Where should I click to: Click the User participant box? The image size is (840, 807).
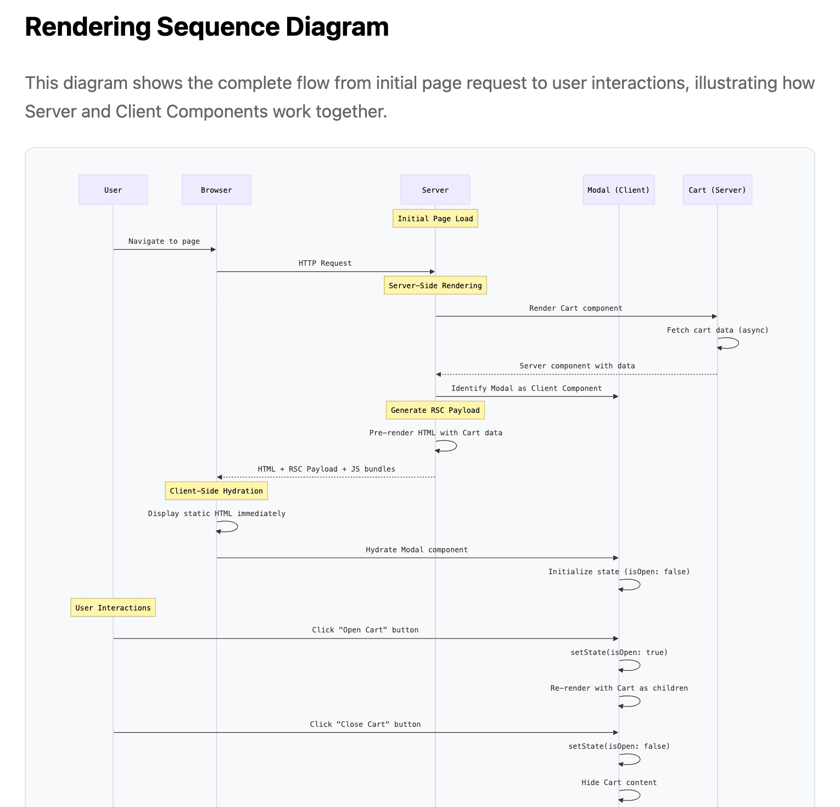[x=113, y=190]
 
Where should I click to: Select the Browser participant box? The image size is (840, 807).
[x=216, y=190]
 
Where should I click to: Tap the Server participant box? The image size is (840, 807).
[x=435, y=190]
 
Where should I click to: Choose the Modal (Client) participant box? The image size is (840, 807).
[x=619, y=190]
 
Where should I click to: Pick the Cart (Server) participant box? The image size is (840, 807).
[x=718, y=190]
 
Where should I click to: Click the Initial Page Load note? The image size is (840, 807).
[x=435, y=218]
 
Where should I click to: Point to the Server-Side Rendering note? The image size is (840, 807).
[x=435, y=285]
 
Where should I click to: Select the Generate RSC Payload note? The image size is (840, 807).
[x=435, y=410]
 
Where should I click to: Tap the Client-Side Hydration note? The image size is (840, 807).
[x=216, y=491]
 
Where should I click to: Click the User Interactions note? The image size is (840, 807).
[x=113, y=608]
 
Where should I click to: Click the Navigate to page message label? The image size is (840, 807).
[x=164, y=241]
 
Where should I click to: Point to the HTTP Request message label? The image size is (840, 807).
[x=325, y=263]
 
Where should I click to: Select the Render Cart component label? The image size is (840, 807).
[x=576, y=308]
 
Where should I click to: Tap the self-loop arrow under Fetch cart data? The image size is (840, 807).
[x=738, y=343]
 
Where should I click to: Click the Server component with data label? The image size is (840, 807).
[x=578, y=366]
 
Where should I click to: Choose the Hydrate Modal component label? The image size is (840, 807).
[x=417, y=550]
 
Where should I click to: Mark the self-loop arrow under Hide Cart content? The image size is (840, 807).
[x=640, y=795]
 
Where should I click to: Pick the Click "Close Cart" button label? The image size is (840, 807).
[x=365, y=724]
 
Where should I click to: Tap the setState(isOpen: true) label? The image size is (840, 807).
[x=619, y=652]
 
